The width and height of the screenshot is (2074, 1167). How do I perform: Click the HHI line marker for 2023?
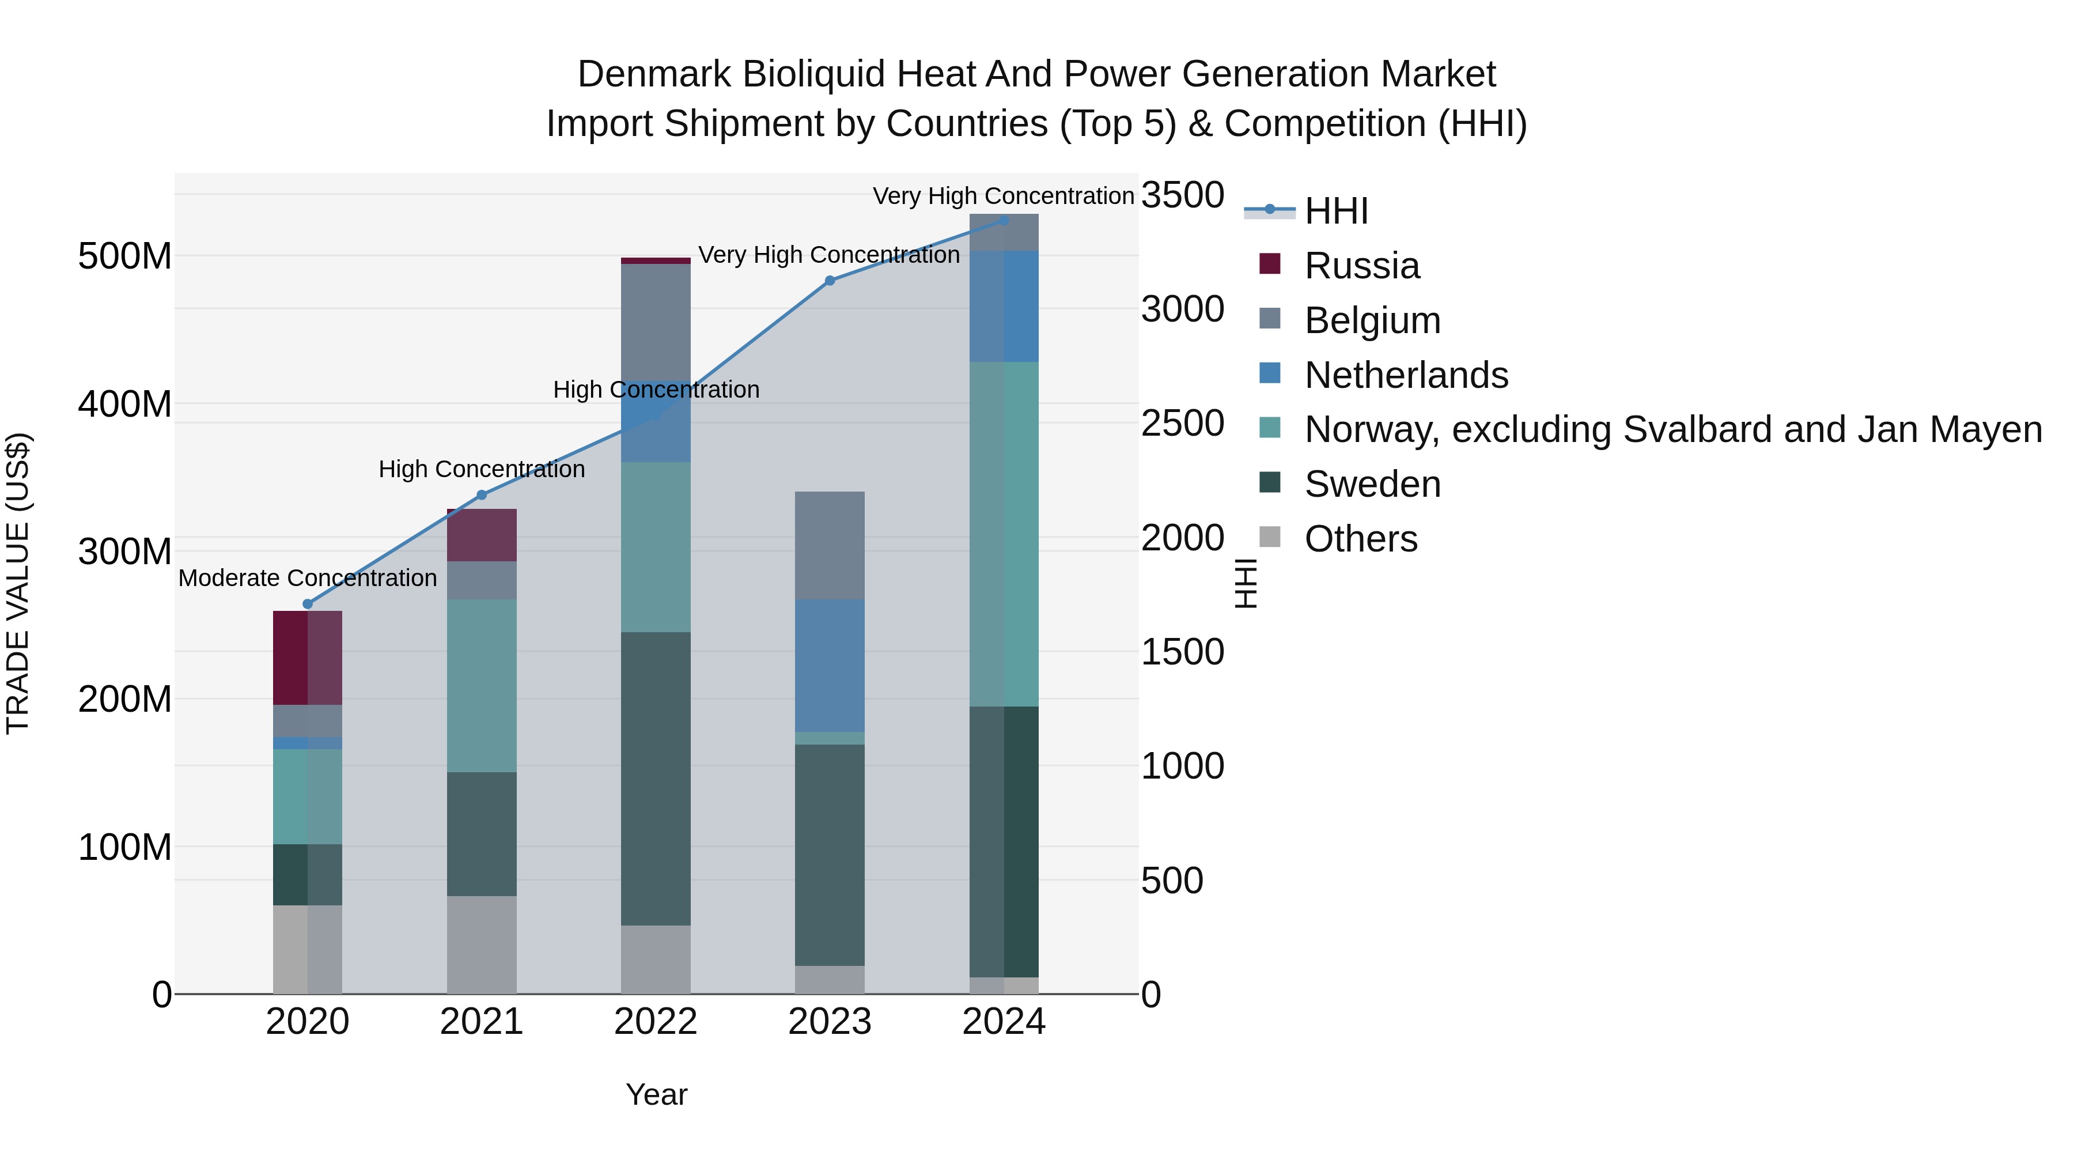click(x=830, y=280)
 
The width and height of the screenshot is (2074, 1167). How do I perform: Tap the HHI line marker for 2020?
click(x=308, y=604)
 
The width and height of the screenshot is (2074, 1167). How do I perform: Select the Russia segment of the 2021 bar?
click(x=482, y=535)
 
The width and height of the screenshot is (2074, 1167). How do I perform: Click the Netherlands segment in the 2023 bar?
click(x=830, y=665)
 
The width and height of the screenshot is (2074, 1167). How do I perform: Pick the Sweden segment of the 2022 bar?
click(x=656, y=778)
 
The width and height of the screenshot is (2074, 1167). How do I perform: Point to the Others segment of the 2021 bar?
click(x=482, y=944)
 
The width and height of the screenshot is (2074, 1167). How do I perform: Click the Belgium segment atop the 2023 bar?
click(x=830, y=545)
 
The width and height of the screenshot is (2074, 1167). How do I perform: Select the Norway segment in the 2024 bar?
click(x=1004, y=534)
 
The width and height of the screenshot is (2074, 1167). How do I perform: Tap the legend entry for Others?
click(x=1361, y=539)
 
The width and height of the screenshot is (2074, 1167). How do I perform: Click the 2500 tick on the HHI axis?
click(x=1182, y=424)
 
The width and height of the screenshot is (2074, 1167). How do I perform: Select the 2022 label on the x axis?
click(x=656, y=1022)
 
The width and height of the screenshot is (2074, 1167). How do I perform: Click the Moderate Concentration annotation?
click(x=308, y=578)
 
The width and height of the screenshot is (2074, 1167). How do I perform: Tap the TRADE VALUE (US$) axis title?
click(x=18, y=583)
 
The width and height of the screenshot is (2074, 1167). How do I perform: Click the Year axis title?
click(x=656, y=1094)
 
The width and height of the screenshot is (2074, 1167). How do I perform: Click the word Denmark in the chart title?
click(x=654, y=74)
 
